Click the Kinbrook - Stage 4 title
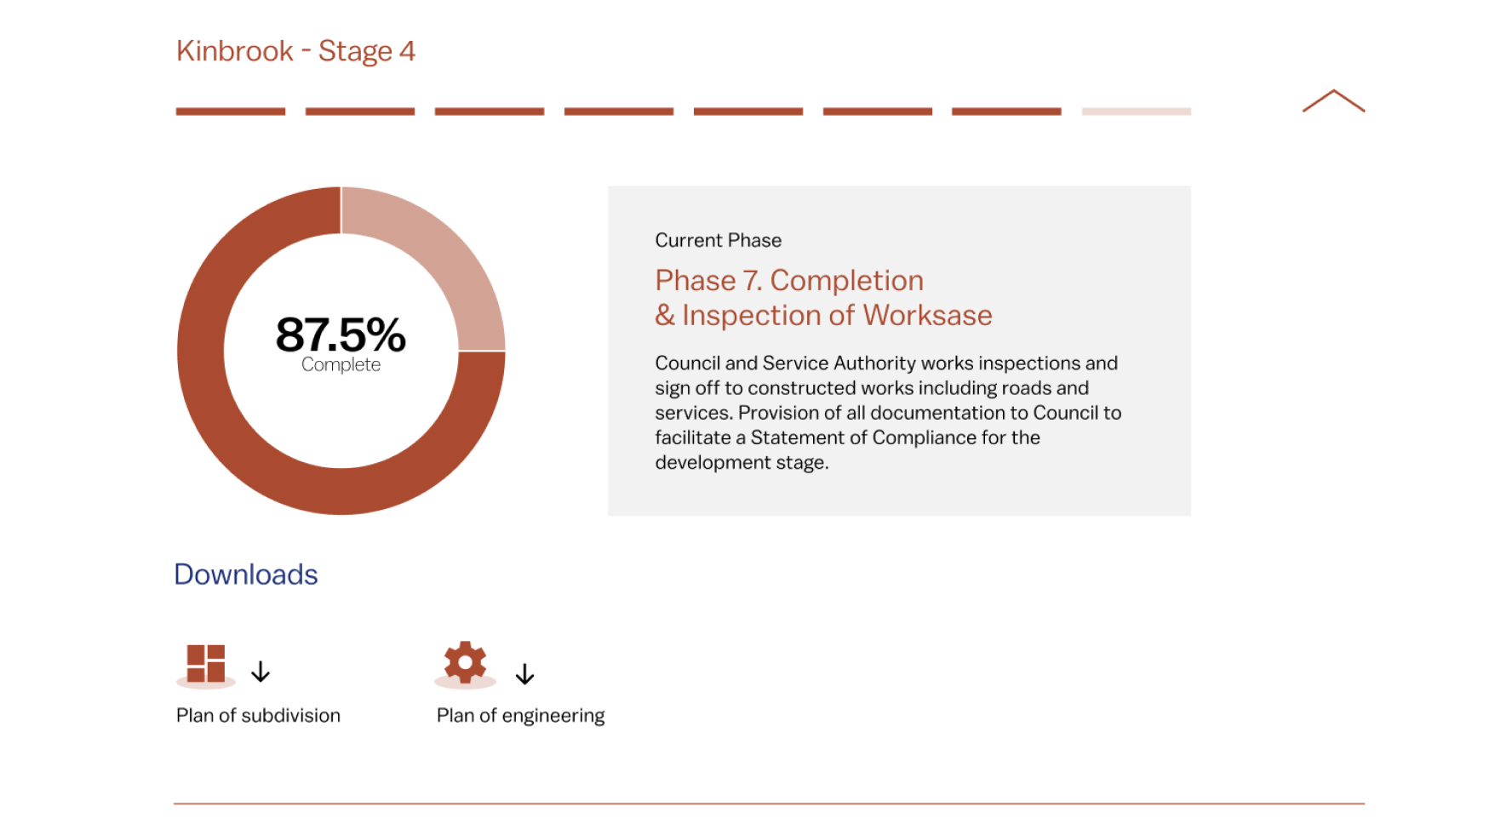click(295, 51)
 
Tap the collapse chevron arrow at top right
click(1333, 100)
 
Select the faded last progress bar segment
click(1136, 111)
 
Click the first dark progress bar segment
click(231, 111)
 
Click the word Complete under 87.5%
click(341, 364)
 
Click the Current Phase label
click(718, 240)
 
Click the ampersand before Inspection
click(665, 315)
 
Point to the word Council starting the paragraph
click(687, 363)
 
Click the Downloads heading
click(246, 575)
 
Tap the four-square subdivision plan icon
click(206, 664)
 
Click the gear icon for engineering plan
click(465, 662)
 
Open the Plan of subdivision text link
click(258, 715)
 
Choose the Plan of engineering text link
click(520, 716)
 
